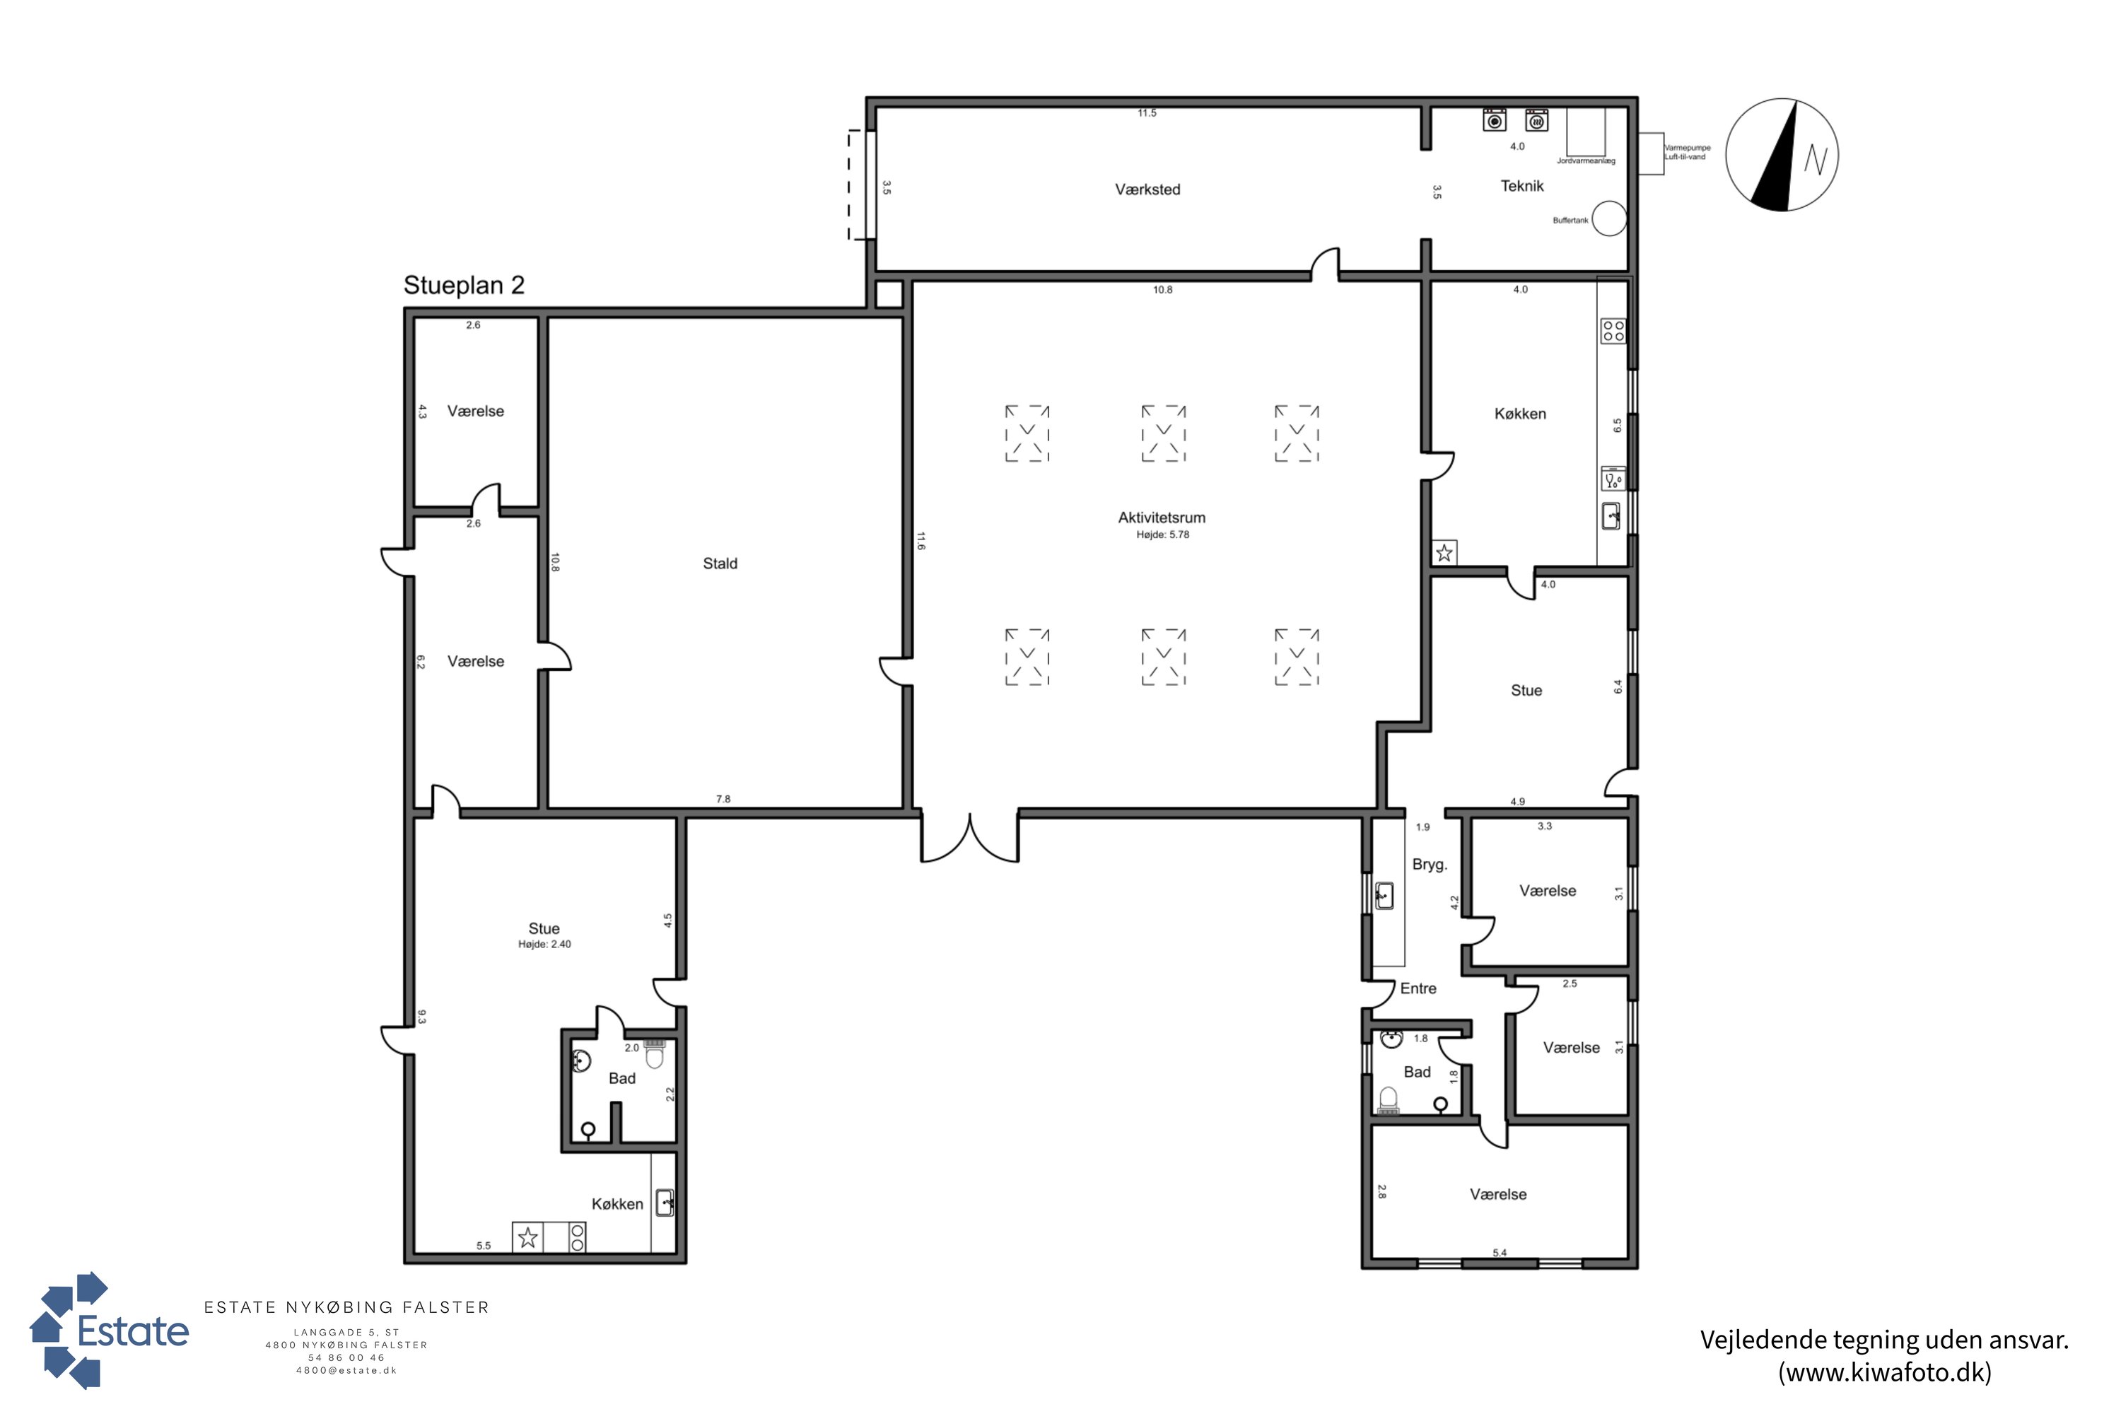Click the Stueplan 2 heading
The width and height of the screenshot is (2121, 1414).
click(464, 286)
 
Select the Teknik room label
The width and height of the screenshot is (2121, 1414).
click(1522, 186)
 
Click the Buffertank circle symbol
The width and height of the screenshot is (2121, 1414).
click(1609, 218)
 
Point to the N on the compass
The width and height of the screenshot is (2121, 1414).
click(1816, 160)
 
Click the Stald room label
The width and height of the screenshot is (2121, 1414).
click(720, 563)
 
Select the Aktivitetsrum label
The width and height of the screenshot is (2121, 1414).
click(1162, 518)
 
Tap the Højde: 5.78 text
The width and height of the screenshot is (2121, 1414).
click(1162, 534)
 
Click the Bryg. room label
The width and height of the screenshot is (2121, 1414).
click(1430, 865)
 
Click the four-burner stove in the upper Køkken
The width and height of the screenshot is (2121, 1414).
click(1613, 330)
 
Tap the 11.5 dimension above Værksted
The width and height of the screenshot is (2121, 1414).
click(1147, 112)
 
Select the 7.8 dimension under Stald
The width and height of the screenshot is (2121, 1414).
click(723, 799)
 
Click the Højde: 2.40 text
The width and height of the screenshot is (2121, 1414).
click(544, 944)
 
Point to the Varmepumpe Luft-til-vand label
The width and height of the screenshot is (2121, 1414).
click(1687, 153)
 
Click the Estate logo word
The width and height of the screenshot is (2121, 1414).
click(134, 1332)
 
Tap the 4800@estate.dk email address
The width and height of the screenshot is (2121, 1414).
click(346, 1371)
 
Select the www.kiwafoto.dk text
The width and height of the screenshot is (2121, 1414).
click(1885, 1372)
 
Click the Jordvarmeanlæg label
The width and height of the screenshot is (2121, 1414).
click(1587, 161)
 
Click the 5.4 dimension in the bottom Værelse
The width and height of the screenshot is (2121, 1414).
click(1500, 1253)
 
